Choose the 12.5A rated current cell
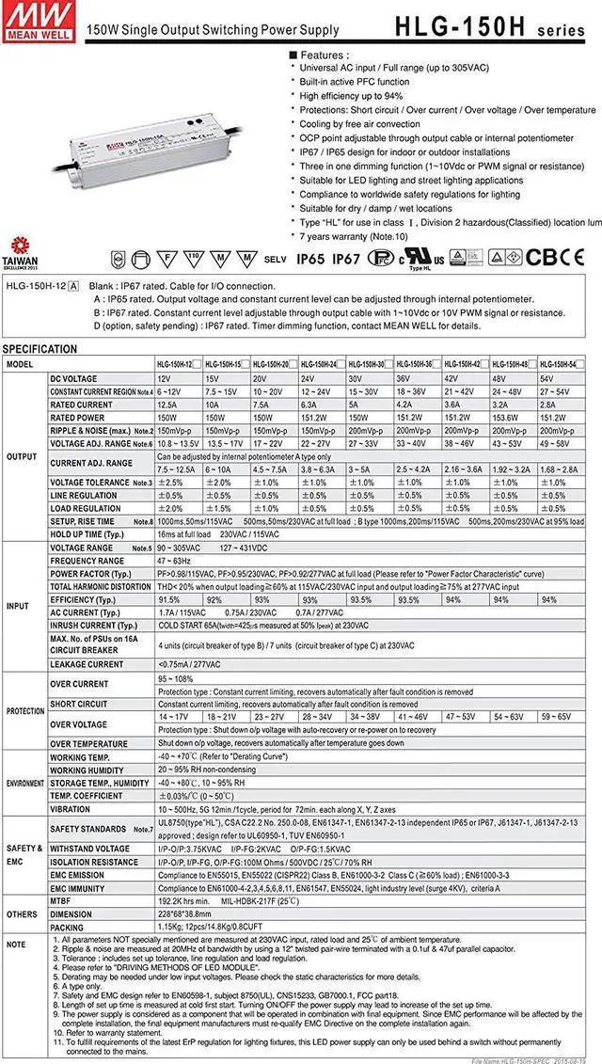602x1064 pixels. click(170, 405)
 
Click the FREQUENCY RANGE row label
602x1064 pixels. click(87, 561)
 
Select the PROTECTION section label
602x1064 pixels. click(24, 711)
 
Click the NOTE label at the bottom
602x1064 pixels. click(17, 944)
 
